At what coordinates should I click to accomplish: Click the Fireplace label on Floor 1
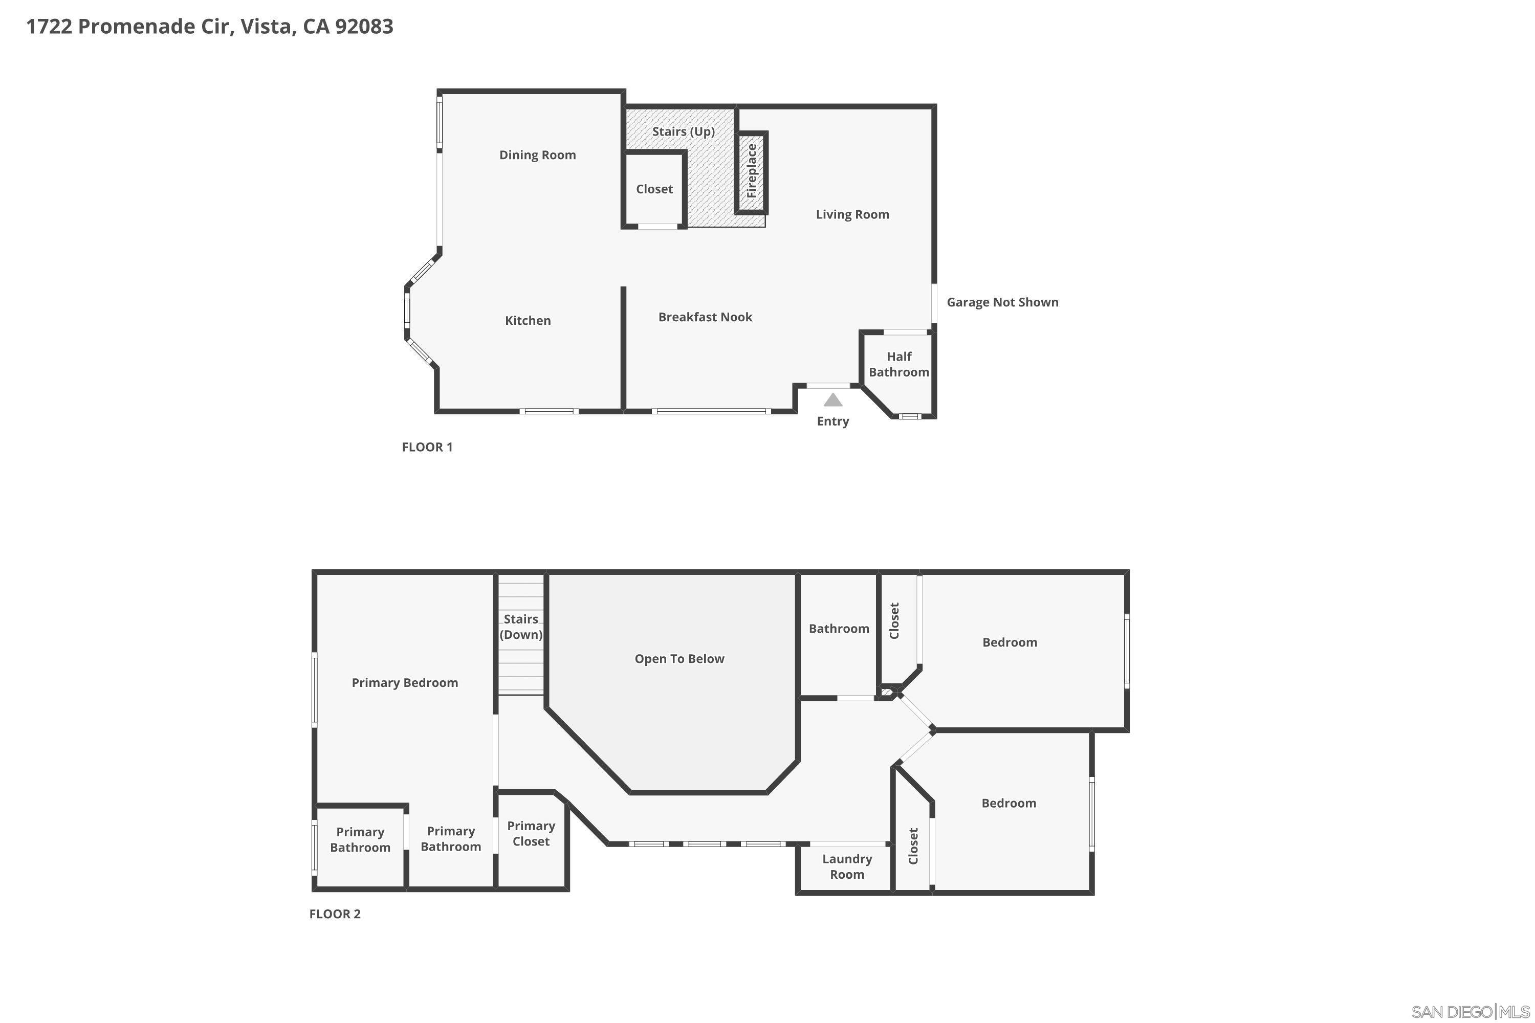751,171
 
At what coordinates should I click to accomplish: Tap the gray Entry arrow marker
833,400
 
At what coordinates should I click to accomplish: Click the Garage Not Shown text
1002,302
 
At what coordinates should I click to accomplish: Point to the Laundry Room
846,866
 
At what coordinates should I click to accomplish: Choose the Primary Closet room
531,834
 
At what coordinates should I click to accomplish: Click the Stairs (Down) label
521,627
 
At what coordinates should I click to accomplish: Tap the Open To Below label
679,659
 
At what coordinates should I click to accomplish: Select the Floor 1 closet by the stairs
654,189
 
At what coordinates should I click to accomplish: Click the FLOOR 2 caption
335,914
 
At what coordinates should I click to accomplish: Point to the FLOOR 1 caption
427,447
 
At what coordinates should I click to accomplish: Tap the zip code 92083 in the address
364,27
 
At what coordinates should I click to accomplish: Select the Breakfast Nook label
705,317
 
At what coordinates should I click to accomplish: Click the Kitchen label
528,320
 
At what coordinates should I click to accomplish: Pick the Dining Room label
537,155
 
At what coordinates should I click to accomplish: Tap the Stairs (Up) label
683,132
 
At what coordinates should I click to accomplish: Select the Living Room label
852,215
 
